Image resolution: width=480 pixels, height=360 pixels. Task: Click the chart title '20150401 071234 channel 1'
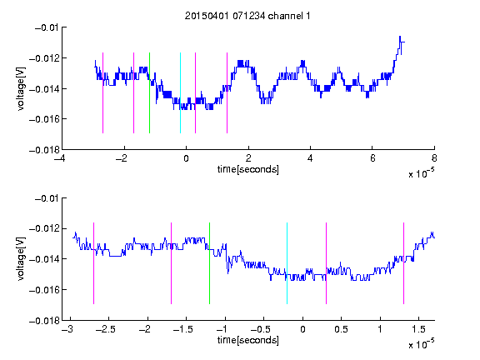pos(247,16)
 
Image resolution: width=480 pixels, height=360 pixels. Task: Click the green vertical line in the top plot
pos(149,93)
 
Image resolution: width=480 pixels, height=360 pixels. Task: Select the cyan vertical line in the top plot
pos(180,93)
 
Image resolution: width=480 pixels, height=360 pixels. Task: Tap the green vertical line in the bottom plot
pos(209,263)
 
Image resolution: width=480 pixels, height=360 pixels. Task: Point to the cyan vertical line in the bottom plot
pos(287,263)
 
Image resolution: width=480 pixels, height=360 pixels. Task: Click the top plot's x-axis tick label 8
pos(434,158)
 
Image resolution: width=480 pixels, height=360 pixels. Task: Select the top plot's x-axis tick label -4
pos(59,158)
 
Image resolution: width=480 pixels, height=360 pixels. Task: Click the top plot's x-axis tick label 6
pos(372,158)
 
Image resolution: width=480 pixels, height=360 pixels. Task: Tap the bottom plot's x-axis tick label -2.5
pos(105,329)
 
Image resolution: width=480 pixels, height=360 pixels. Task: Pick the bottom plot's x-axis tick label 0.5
pos(341,329)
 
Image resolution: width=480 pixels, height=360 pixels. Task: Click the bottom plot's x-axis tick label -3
pos(67,329)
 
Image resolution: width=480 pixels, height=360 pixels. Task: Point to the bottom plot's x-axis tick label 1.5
pos(418,329)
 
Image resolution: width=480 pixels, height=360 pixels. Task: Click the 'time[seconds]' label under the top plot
pos(248,169)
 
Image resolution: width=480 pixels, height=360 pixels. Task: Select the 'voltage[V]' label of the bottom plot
pos(21,259)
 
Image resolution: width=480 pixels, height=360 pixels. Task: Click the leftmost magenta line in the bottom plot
pos(93,263)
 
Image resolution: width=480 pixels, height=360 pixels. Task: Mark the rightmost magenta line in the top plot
pos(227,93)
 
